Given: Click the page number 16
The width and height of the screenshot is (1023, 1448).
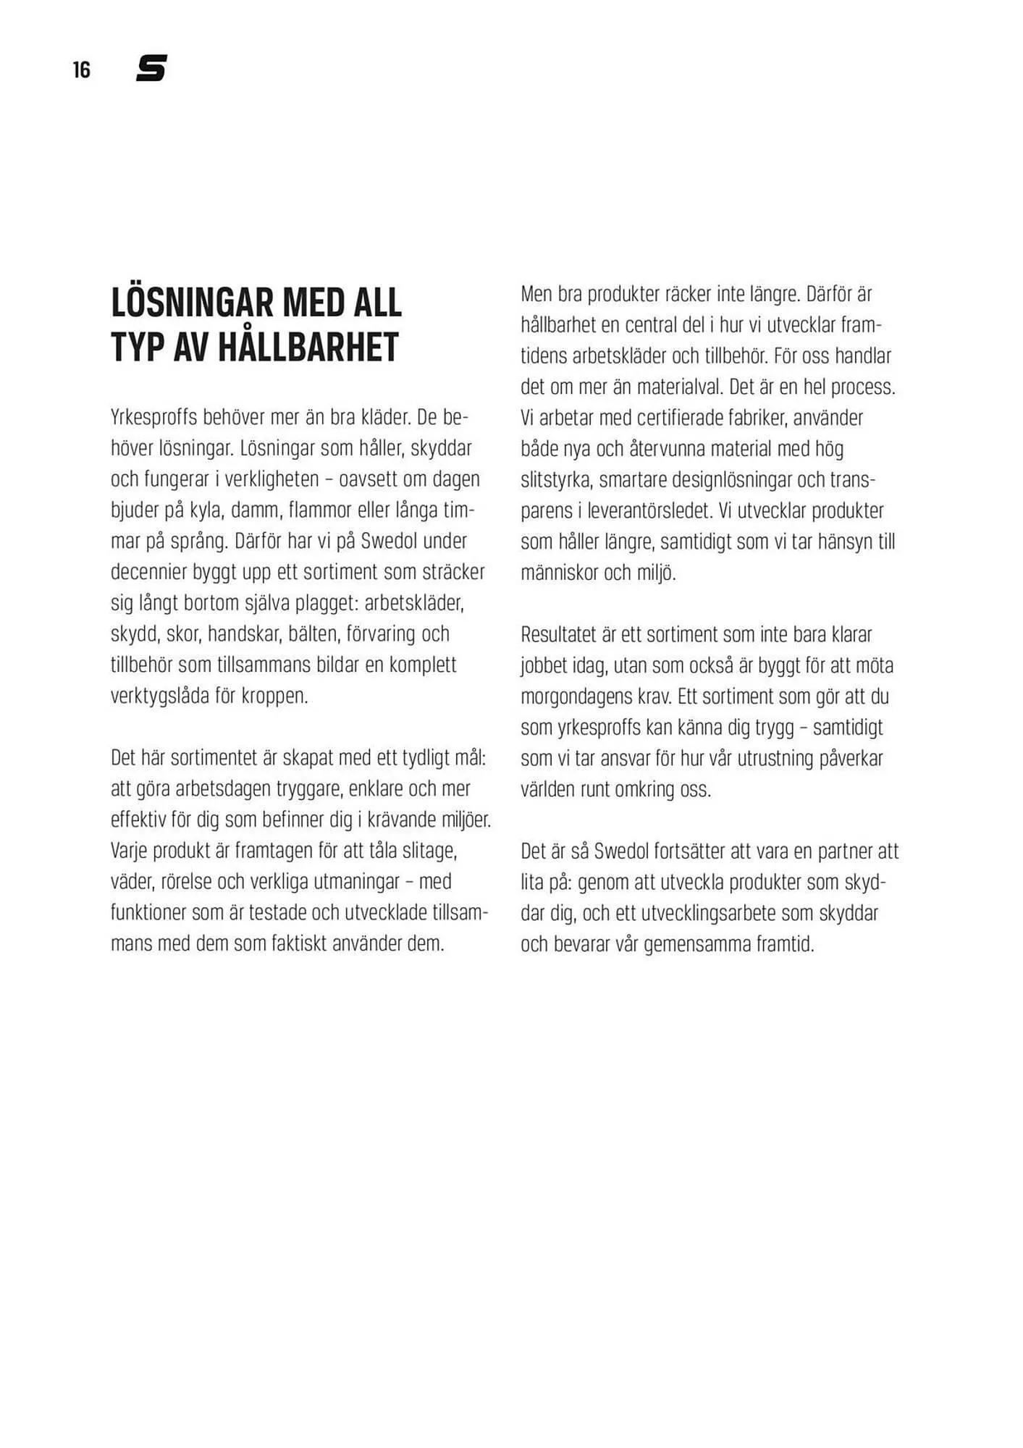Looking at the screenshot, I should coord(82,70).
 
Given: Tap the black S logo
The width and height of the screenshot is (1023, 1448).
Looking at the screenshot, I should coord(151,68).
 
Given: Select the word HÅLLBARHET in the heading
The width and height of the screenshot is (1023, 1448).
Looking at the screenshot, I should coord(308,348).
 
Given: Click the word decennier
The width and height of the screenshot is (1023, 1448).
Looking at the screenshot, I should coord(148,572).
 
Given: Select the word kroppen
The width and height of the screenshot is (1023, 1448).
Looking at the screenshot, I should coord(274,696).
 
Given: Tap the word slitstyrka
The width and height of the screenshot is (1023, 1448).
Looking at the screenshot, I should coord(555,480).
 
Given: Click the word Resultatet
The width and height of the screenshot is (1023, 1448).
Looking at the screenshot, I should coord(567,635).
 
